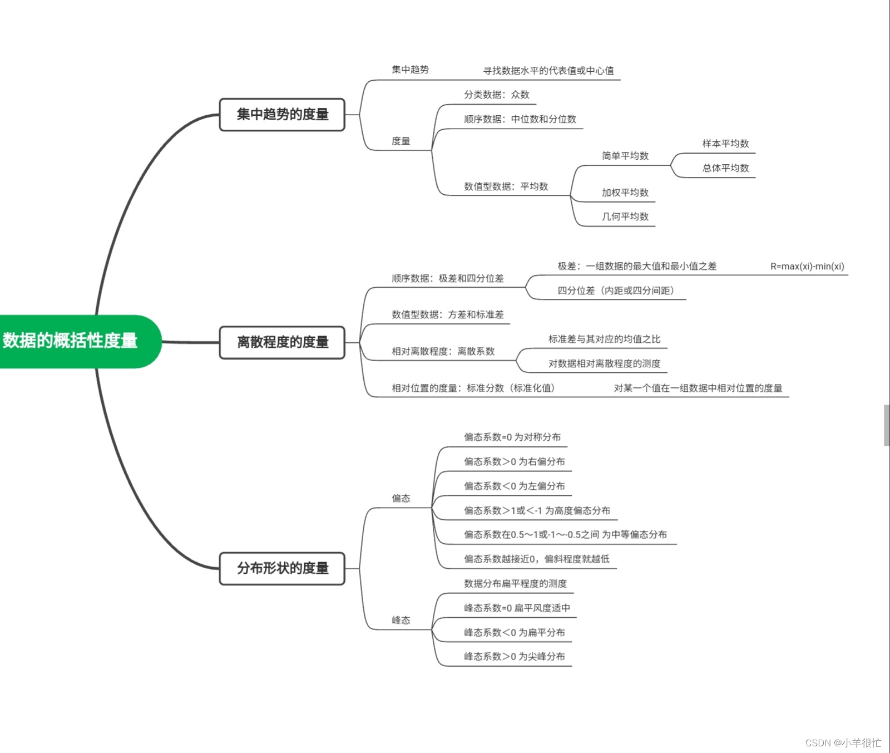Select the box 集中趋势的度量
pyautogui.click(x=282, y=115)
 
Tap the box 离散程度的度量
pyautogui.click(x=282, y=342)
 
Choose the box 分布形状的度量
pyautogui.click(x=282, y=568)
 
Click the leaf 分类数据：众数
pyautogui.click(x=496, y=95)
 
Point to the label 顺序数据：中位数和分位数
pyautogui.click(x=520, y=119)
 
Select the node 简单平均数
pyautogui.click(x=625, y=156)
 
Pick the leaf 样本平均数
pyautogui.click(x=725, y=144)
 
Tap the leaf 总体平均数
pyautogui.click(x=725, y=168)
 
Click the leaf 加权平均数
pyautogui.click(x=625, y=193)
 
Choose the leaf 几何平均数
pyautogui.click(x=625, y=216)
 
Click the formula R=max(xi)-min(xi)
pyautogui.click(x=807, y=267)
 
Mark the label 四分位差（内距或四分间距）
pyautogui.click(x=615, y=291)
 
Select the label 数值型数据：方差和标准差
pyautogui.click(x=447, y=314)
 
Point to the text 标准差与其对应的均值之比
pyautogui.click(x=604, y=339)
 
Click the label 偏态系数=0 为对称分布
pyautogui.click(x=512, y=437)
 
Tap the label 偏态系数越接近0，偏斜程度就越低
pyautogui.click(x=536, y=559)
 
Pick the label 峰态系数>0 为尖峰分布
pyautogui.click(x=514, y=657)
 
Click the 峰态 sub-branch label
pyautogui.click(x=400, y=620)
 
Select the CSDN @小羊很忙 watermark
pyautogui.click(x=843, y=743)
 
